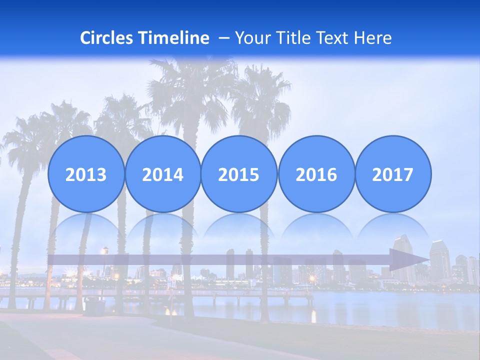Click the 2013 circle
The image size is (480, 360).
click(x=86, y=174)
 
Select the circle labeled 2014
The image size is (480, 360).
click(x=162, y=174)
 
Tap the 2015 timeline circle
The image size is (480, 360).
click(x=239, y=174)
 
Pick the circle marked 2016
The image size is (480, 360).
click(x=316, y=174)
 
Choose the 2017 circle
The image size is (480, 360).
click(x=392, y=174)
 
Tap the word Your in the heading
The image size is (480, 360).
click(x=250, y=38)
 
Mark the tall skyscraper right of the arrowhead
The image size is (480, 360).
click(x=440, y=260)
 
